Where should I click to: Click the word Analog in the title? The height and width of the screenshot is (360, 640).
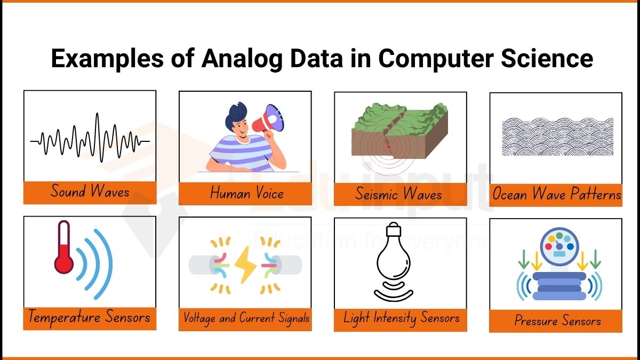coord(242,59)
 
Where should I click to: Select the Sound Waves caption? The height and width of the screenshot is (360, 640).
coord(90,191)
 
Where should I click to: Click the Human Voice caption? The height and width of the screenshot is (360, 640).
coord(246,193)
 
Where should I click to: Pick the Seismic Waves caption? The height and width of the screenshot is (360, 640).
coord(398,194)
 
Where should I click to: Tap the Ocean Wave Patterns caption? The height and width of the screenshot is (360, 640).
coord(557,194)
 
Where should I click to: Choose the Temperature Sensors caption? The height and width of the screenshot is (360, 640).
coord(90,317)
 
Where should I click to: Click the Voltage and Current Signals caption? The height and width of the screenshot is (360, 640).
coord(246,318)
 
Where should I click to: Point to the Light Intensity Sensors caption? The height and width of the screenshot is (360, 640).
coord(402,318)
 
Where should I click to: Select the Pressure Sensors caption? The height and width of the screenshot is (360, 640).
coord(558,320)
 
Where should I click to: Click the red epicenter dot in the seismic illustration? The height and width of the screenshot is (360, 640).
coord(389,147)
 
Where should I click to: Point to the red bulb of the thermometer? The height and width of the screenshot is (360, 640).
coord(63,262)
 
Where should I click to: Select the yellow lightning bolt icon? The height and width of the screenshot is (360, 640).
coord(245,265)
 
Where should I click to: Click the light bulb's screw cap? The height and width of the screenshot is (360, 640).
coord(394,229)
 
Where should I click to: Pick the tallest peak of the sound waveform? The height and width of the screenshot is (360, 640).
coord(98,114)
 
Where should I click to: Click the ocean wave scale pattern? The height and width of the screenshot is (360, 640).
coord(557,137)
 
